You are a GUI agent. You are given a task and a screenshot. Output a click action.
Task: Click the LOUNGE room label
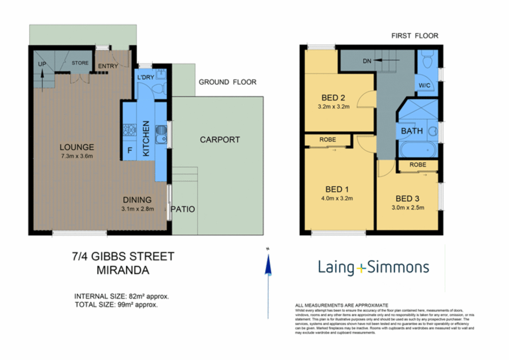coord(77,147)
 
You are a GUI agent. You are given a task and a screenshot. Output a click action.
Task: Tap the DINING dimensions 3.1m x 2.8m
coord(137,209)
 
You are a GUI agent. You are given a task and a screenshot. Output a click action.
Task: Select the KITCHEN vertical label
coord(146,138)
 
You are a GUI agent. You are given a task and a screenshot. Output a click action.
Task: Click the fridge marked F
coord(130,151)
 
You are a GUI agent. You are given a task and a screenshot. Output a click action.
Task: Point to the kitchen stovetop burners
coord(129,130)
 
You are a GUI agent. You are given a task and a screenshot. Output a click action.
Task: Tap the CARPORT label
coord(220,140)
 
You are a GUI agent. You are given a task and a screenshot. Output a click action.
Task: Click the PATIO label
coord(183,209)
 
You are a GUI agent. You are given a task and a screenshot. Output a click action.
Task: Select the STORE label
coord(80,63)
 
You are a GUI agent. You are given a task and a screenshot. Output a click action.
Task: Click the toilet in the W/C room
coord(427,60)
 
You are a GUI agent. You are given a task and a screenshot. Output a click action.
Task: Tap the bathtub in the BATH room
coord(418,150)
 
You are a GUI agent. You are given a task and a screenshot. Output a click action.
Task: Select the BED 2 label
coord(333,98)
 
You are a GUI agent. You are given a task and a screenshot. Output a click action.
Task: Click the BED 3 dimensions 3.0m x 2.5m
coord(408,207)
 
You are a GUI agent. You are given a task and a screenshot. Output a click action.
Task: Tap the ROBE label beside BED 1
coord(327,140)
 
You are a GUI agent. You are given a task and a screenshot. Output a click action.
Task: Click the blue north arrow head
coord(268,265)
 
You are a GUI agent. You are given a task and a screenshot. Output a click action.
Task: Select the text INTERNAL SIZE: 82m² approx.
coord(121,296)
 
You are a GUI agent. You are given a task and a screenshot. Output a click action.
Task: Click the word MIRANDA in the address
coord(123,270)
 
